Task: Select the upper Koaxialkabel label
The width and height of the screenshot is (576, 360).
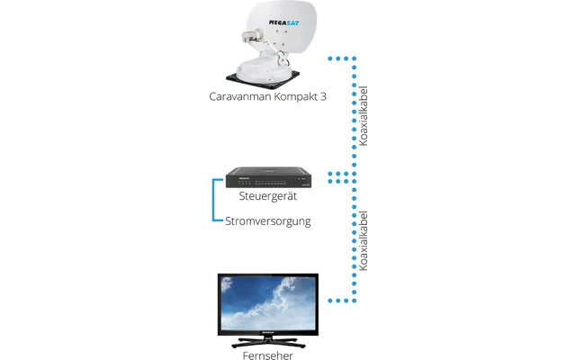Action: (364, 125)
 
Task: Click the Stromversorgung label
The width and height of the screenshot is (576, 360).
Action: (268, 220)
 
